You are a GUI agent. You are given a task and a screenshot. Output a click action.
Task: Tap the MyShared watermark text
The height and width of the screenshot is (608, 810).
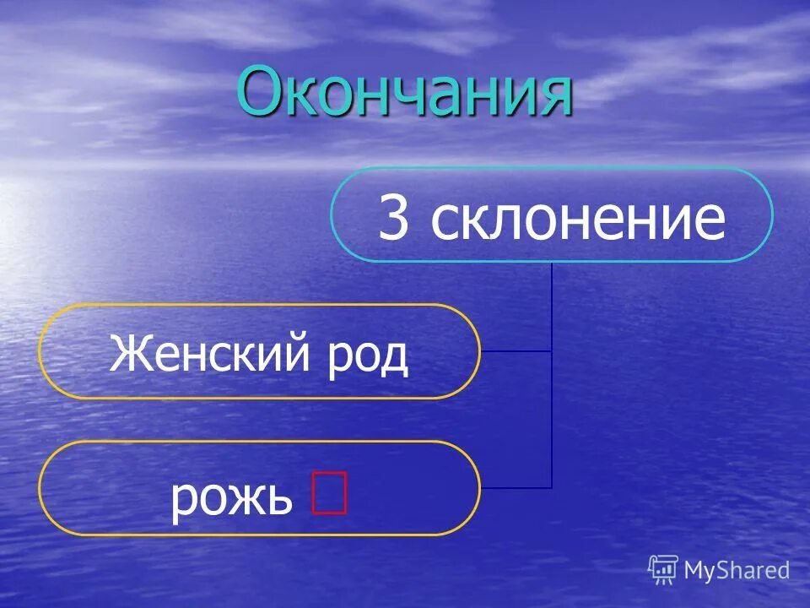737,570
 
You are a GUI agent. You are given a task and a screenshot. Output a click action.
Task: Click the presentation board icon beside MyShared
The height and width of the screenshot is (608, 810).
663,569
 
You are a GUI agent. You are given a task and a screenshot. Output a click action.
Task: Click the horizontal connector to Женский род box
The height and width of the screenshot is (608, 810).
516,350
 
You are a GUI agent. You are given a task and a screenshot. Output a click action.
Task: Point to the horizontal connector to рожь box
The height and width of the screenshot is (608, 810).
516,487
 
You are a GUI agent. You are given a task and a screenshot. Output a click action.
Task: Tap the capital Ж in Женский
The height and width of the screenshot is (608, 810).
128,355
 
